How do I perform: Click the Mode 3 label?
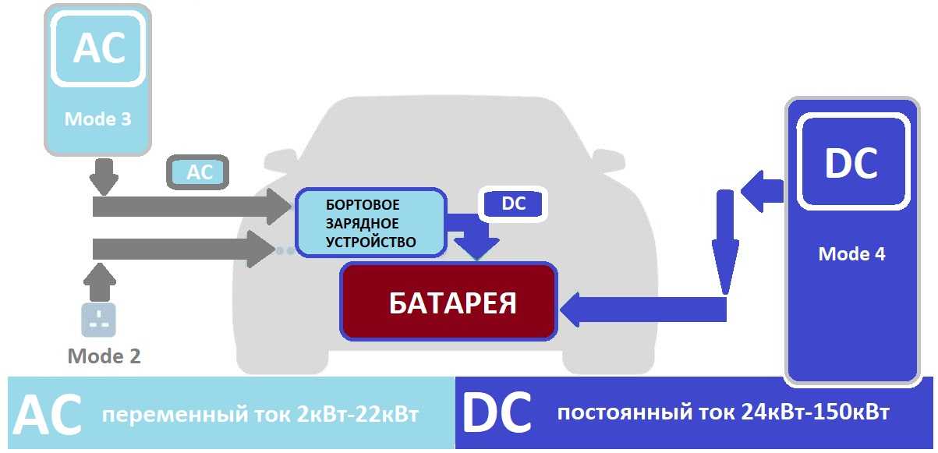(97, 119)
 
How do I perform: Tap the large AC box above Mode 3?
(98, 49)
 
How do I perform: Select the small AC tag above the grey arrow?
(200, 172)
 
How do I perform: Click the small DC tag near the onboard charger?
(513, 204)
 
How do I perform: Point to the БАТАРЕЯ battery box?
(450, 302)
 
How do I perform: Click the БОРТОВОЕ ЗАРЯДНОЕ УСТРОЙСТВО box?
(370, 223)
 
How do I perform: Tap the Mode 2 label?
(104, 356)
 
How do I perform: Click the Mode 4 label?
(851, 254)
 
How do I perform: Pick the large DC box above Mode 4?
(851, 163)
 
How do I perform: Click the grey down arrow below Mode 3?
(104, 176)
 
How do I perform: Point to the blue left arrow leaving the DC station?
(760, 191)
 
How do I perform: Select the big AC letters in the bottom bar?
(48, 415)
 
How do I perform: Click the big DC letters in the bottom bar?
(497, 412)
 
